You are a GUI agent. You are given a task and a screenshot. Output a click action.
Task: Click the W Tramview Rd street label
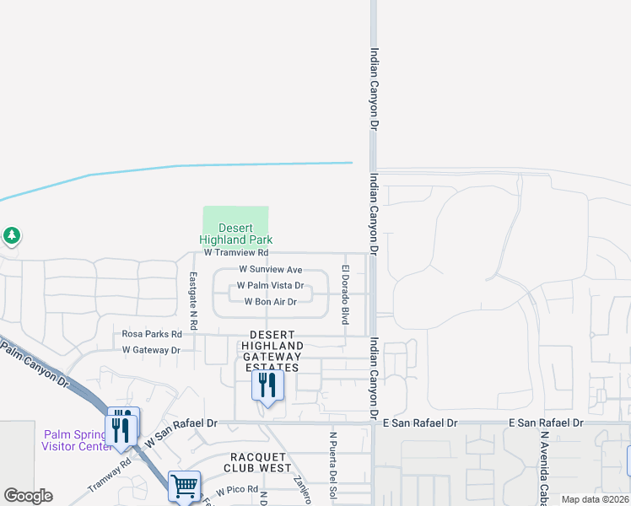tap(236, 252)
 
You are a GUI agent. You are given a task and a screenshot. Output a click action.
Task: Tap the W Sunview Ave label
tap(270, 269)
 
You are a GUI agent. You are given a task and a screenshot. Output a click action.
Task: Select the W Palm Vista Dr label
tap(270, 286)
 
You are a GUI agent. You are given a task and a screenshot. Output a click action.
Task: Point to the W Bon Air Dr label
tap(270, 302)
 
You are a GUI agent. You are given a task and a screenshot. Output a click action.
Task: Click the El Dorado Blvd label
tap(345, 294)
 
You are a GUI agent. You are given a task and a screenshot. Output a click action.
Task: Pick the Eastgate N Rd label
tap(193, 300)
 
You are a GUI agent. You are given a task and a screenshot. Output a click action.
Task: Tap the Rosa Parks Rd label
tap(152, 334)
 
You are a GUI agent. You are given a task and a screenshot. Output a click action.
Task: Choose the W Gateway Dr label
tap(151, 349)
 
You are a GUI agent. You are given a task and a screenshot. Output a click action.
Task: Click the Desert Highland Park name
tap(236, 234)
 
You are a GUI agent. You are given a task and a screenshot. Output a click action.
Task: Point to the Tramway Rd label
tap(110, 476)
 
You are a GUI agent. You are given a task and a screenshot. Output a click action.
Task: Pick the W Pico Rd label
tap(237, 490)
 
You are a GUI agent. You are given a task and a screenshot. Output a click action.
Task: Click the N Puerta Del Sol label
tap(332, 468)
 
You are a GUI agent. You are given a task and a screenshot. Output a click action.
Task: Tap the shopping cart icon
tap(184, 486)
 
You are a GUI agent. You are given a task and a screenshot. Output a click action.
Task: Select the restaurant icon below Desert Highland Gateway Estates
tap(267, 385)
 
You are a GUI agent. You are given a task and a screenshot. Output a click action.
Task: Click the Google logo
tap(28, 496)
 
